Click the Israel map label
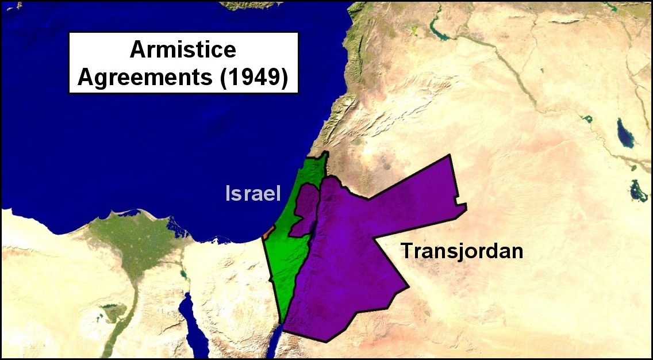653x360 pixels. (253, 194)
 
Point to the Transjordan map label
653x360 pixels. (462, 251)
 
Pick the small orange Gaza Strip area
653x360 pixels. (267, 232)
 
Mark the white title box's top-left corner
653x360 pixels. (69, 32)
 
